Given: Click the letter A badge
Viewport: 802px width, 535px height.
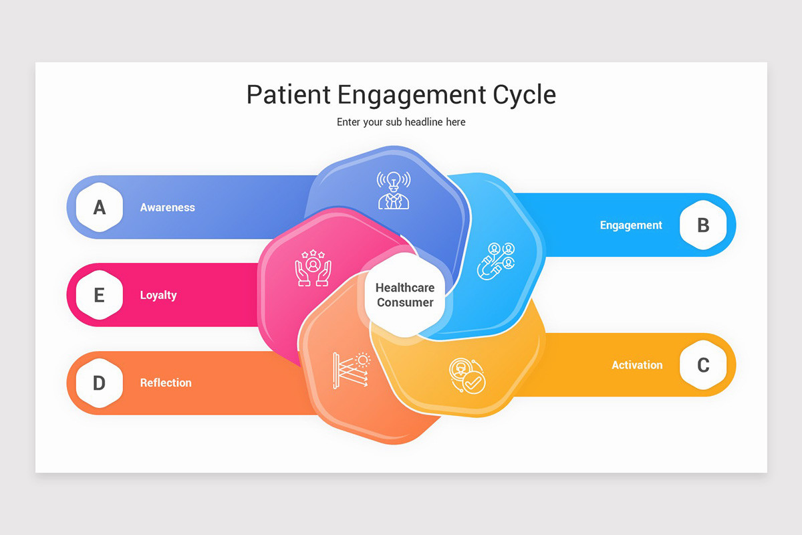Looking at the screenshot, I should pos(99,207).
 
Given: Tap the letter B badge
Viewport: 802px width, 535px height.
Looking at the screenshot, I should pos(703,225).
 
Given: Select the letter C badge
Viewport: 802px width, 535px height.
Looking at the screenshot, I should pos(703,365).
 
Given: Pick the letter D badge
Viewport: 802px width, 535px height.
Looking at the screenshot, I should pos(99,383).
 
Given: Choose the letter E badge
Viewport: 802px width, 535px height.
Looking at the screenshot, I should pos(99,295).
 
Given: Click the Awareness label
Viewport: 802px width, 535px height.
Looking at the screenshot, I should pos(167,207).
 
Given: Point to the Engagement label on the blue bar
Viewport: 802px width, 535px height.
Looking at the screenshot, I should pos(630,225).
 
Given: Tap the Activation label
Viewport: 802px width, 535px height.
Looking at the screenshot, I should pos(637,365).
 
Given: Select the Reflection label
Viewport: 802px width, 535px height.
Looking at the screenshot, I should pos(166,383).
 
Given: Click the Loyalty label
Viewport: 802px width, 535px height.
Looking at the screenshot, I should pos(158,295).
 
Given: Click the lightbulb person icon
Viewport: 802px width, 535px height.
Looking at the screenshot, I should pos(393,190).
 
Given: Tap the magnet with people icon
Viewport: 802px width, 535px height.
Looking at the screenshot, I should pos(496,260).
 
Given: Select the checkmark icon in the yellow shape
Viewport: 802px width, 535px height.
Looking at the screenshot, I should pos(467,376).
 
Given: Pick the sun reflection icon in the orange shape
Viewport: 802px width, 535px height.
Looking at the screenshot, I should pos(352,370).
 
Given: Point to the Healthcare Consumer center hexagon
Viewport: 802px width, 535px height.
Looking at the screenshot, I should pos(405,295).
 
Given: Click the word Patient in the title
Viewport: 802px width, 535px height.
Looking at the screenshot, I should pos(289,94).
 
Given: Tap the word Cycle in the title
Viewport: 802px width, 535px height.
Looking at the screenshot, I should pos(524,94).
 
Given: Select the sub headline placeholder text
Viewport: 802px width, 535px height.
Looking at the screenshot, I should pos(401,122).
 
